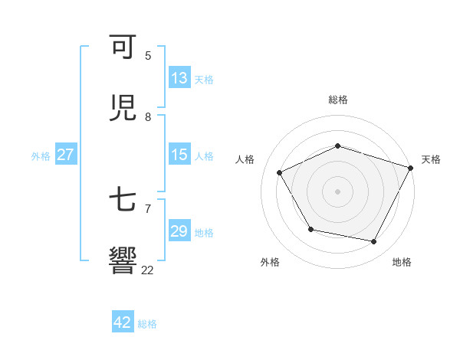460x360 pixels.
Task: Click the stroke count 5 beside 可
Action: point(148,56)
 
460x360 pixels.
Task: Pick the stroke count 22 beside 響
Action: point(147,270)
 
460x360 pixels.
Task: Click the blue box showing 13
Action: point(179,78)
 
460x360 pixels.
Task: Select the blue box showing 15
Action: point(179,155)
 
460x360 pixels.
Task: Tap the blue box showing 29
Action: point(179,231)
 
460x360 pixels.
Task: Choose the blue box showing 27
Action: point(65,155)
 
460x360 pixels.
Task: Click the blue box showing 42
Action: point(122,322)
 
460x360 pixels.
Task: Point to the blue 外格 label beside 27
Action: point(41,155)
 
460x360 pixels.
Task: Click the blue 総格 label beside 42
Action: point(147,323)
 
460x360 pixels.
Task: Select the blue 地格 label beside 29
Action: point(204,232)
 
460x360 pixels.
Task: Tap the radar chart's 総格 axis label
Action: point(338,100)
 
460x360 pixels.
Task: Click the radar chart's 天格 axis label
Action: point(431,159)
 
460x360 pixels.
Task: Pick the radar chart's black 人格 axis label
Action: point(245,159)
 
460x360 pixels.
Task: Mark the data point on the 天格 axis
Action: point(411,167)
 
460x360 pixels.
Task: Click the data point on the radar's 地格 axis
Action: point(374,241)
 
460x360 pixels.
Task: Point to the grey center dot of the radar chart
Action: point(338,191)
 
